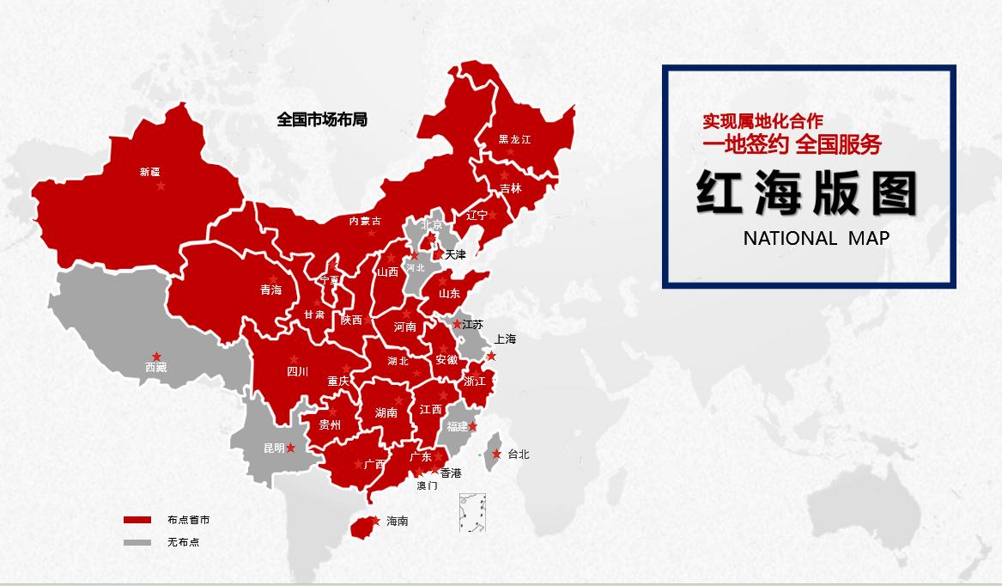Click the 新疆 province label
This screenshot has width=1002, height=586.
149,172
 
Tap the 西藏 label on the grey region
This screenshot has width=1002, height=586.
155,368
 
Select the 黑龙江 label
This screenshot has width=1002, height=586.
515,139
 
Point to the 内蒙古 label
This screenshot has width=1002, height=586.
365,221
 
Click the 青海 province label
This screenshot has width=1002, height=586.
270,290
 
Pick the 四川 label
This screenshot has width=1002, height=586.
297,372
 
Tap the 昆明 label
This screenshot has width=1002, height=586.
274,449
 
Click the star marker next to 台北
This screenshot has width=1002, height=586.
496,454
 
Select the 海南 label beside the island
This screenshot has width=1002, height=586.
397,521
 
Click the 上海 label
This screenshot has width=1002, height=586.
505,339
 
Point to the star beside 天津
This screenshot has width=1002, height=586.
440,254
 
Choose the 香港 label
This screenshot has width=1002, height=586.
451,473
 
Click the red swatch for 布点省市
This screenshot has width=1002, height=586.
137,520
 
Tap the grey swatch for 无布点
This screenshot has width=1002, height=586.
137,542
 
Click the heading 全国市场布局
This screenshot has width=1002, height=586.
322,119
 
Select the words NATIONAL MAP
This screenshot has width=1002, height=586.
816,238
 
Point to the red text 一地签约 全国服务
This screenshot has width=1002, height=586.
792,144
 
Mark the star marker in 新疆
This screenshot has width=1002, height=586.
161,186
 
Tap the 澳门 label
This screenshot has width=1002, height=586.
427,485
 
